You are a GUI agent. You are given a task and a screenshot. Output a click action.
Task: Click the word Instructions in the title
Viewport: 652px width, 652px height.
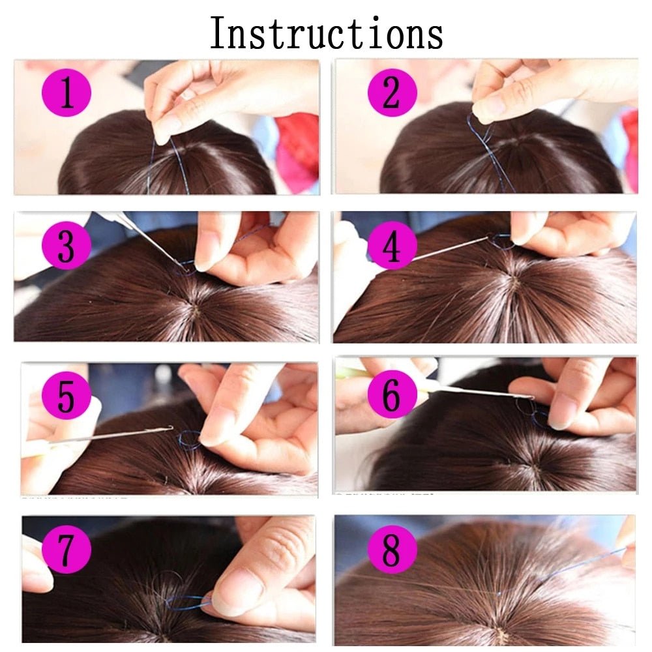click(326, 34)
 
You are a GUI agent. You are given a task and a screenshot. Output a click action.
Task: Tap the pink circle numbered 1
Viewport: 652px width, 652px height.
click(67, 93)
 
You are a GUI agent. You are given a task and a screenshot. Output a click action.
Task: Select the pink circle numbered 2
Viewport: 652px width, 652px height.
click(391, 93)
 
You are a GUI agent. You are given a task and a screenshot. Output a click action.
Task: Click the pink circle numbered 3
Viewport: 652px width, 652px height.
click(67, 247)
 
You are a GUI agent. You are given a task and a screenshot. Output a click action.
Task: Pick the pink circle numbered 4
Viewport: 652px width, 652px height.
click(391, 247)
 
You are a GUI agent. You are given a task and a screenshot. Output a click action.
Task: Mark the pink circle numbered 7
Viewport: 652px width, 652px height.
click(67, 551)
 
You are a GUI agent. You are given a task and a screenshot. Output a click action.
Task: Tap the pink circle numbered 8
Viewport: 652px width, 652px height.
click(391, 551)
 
